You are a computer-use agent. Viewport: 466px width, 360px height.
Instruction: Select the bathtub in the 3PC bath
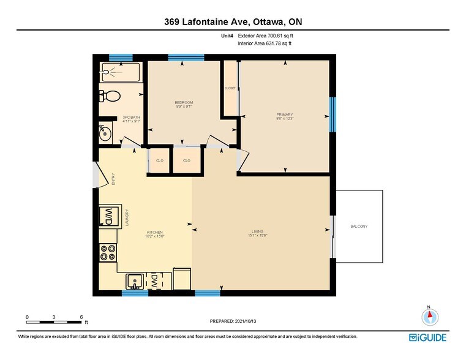coord(119,72)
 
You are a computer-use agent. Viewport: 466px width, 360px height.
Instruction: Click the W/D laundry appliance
coord(108,216)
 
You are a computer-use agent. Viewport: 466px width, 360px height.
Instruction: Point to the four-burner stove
coord(108,253)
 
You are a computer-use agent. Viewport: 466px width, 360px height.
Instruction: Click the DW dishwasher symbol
coord(155,280)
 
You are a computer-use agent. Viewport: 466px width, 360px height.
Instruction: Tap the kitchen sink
coord(135,281)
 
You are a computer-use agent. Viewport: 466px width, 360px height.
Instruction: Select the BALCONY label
coord(359,227)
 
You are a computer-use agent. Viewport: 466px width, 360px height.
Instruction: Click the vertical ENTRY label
coord(113,179)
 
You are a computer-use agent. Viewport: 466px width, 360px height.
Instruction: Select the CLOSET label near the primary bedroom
coord(230,88)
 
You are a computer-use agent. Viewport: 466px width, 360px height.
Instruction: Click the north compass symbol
coord(430,317)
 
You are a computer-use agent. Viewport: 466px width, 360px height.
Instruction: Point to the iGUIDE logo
coord(428,337)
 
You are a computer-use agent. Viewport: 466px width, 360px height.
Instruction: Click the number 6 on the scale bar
coord(81,317)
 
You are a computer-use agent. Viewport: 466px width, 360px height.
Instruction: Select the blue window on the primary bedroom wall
coord(333,114)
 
